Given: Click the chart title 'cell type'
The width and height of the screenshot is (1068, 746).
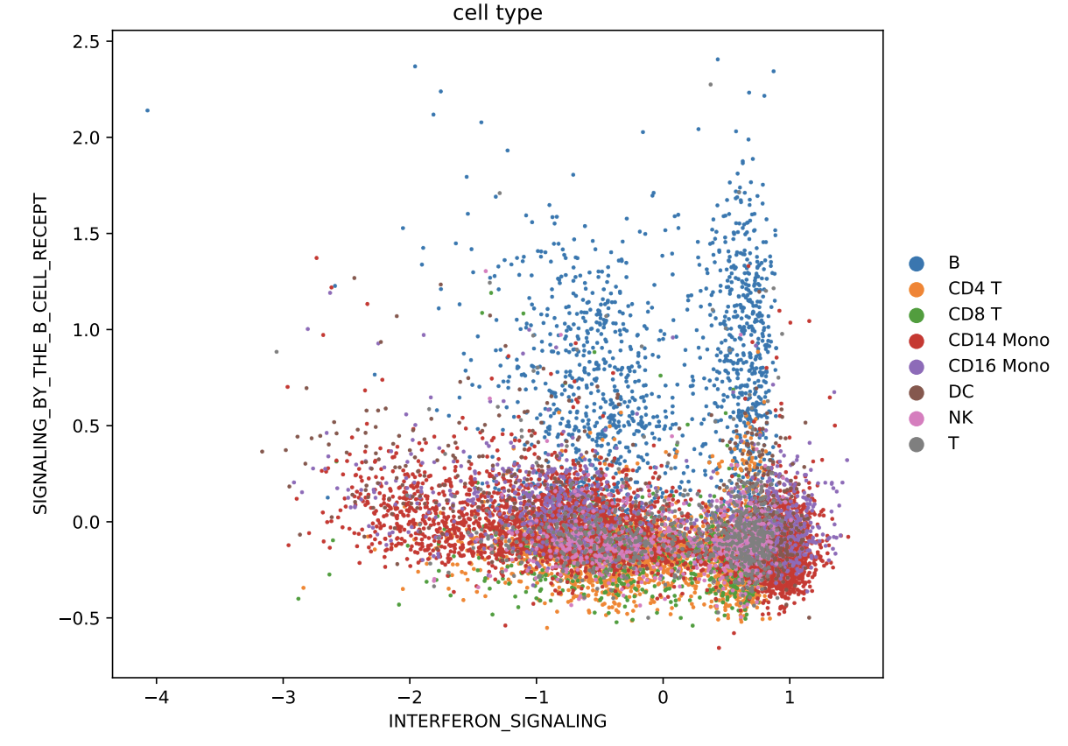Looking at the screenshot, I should (497, 13).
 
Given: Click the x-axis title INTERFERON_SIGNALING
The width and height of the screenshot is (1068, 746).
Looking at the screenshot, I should (497, 721).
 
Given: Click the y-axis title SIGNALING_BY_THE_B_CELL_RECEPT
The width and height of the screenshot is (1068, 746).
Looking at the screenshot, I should (40, 354).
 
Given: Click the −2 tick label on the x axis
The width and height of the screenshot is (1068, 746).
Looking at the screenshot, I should (410, 697).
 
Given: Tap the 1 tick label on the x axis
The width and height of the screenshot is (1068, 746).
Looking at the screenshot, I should (790, 697).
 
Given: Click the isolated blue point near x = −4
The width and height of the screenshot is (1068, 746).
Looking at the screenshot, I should (147, 110).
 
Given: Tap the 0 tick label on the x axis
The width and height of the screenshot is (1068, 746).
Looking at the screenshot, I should (663, 697).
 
